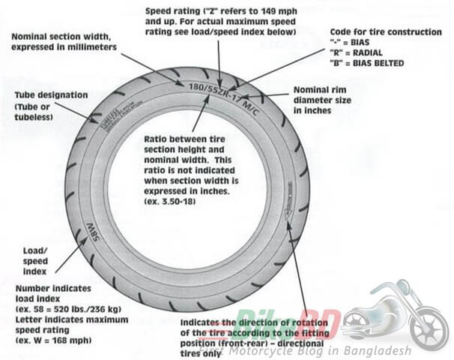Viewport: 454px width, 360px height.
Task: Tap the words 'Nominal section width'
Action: click(x=61, y=37)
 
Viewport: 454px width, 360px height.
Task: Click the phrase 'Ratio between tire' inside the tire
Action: click(x=182, y=142)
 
